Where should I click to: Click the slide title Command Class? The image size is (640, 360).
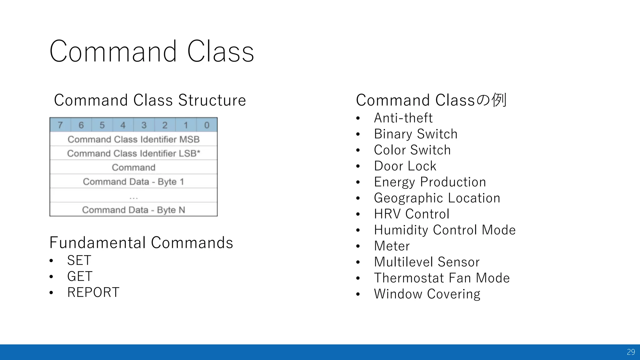pos(152,52)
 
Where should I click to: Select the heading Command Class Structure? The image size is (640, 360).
pos(150,100)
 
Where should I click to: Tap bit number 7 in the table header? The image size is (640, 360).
pos(60,125)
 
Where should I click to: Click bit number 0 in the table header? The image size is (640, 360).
pos(207,125)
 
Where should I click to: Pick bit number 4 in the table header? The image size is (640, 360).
pos(123,125)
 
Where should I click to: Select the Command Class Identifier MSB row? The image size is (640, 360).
pos(133,139)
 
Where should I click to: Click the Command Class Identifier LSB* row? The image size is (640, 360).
pos(133,153)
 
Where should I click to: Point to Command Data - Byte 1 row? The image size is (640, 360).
pos(133,182)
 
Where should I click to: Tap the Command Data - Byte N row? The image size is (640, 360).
pos(133,210)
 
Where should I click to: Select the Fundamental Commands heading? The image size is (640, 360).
pos(141,243)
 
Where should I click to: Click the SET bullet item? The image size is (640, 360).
pos(79,261)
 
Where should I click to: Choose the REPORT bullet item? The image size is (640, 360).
pos(93,292)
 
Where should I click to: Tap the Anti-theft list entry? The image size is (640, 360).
pos(403,118)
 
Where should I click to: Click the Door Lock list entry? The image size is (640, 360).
pos(405,166)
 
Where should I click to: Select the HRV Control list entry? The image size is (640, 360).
pos(412,214)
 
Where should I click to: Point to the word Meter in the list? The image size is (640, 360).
pos(392,246)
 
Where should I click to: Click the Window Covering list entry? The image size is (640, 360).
pos(427,294)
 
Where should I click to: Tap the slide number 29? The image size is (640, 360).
pos(631,352)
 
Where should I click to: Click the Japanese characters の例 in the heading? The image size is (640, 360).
pos(491,100)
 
